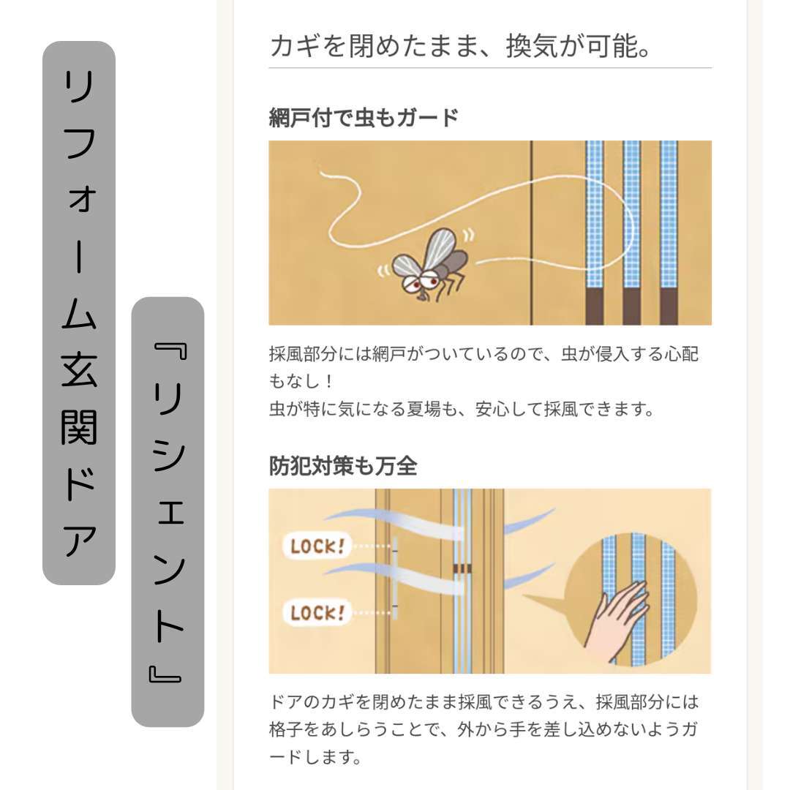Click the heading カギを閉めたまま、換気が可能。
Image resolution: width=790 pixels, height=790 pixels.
point(461,46)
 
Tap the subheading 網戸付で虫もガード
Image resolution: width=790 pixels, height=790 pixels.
point(364,118)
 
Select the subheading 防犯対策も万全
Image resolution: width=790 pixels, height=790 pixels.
point(343,466)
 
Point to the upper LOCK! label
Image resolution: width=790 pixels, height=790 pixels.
point(317,546)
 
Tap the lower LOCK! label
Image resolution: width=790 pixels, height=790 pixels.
point(317,613)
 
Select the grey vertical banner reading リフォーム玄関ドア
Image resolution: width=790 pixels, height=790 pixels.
point(79,313)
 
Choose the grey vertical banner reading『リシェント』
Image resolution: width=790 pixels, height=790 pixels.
point(168,512)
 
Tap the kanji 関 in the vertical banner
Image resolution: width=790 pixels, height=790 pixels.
point(79,427)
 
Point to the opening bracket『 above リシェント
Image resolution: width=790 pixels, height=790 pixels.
point(171,351)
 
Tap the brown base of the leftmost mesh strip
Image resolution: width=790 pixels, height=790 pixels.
point(595,306)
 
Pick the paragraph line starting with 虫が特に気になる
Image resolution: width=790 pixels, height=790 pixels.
point(462,409)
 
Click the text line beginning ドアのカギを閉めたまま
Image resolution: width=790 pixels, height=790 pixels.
point(484,701)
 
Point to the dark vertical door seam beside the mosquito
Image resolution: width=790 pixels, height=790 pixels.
point(532,233)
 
